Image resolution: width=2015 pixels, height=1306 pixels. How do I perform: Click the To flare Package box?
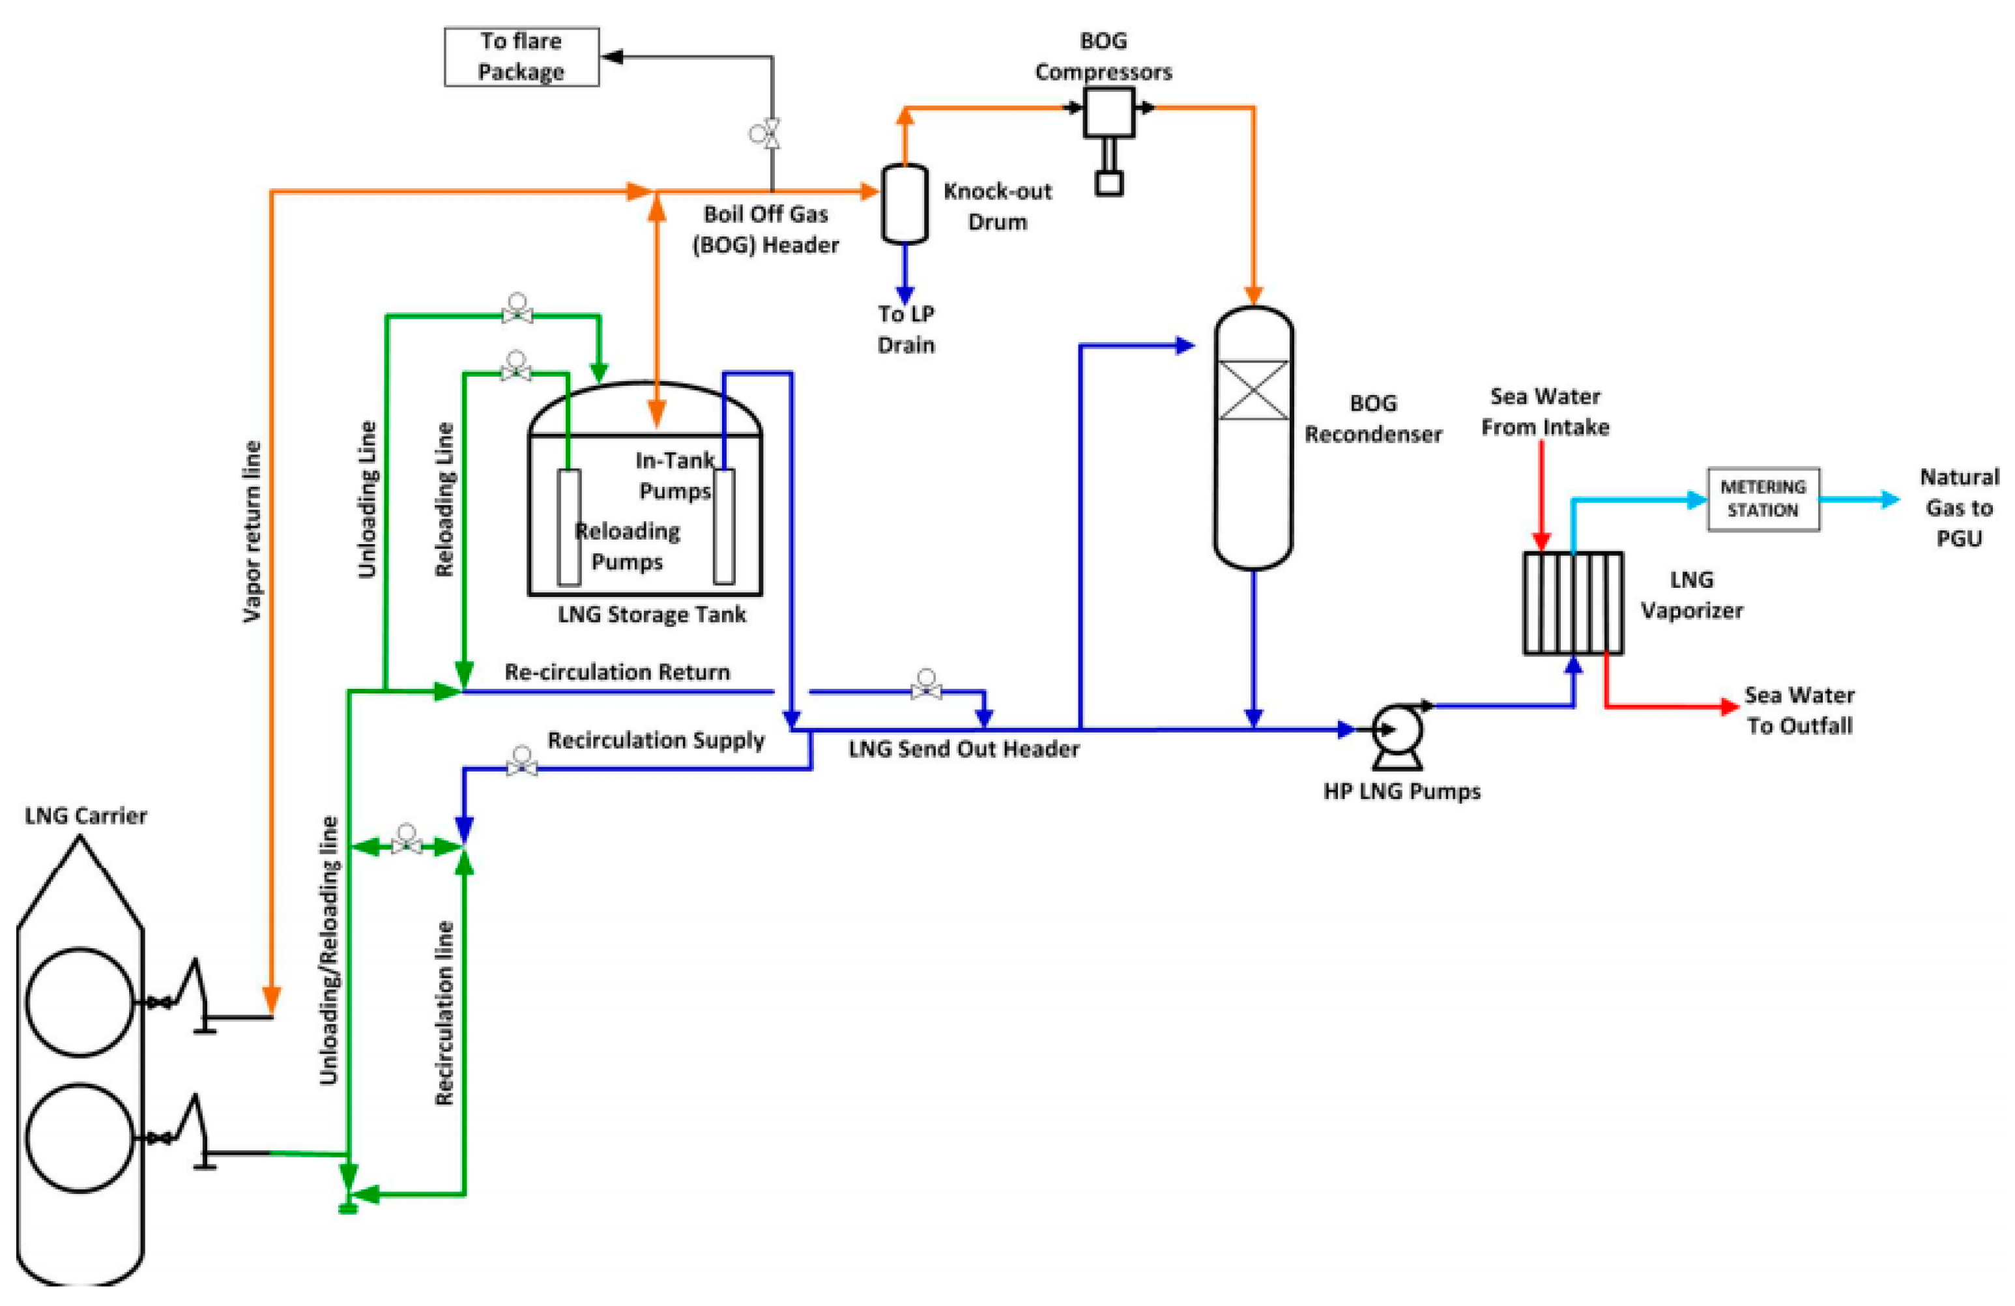pos(521,57)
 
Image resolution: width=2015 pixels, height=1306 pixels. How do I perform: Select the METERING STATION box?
pos(1763,499)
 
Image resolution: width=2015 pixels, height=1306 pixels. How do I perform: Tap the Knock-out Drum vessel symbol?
pos(905,204)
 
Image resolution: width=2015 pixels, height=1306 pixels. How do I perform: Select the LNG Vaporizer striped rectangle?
pos(1573,603)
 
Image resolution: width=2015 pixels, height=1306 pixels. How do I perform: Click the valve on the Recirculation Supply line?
pos(521,767)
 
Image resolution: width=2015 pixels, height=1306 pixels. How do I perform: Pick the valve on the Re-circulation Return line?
pos(925,689)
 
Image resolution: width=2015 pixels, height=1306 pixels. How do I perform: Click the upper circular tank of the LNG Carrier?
pos(80,1002)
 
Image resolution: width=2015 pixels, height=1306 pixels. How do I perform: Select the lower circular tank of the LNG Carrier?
pos(80,1138)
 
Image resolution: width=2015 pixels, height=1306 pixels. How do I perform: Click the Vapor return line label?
pos(252,532)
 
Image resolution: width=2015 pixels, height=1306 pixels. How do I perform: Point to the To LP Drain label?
pos(905,329)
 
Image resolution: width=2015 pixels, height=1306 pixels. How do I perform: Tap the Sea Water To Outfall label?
pos(1799,710)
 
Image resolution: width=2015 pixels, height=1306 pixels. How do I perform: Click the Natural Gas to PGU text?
pos(1958,507)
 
